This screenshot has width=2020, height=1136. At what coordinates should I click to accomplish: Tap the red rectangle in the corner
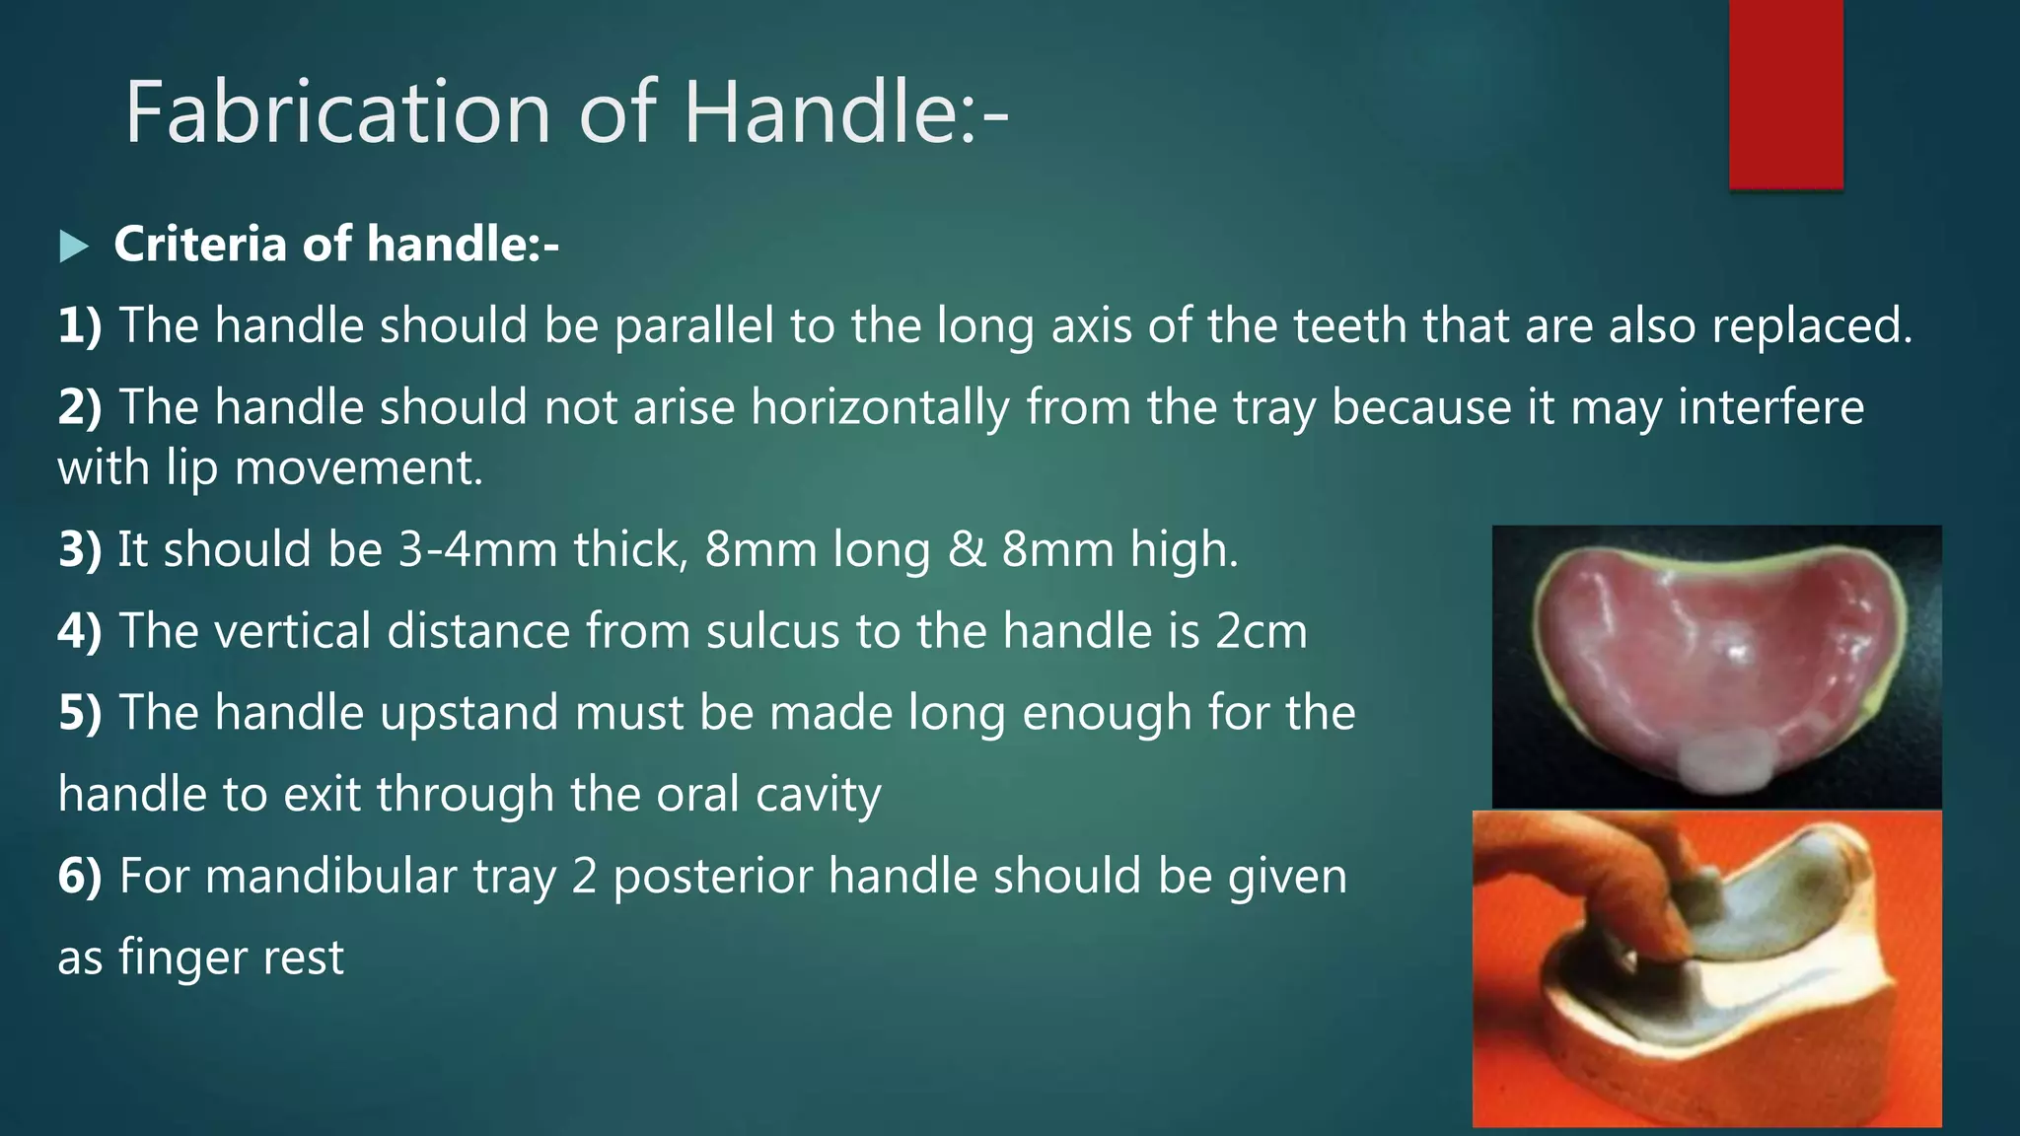1785,94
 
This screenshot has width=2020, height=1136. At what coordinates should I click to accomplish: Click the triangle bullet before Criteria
74,246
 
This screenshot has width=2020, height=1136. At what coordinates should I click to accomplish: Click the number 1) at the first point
80,325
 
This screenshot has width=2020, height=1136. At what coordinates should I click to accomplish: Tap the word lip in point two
191,467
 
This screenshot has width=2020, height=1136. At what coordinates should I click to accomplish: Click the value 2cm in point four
1261,631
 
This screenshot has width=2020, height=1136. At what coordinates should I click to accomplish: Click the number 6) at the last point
80,877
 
